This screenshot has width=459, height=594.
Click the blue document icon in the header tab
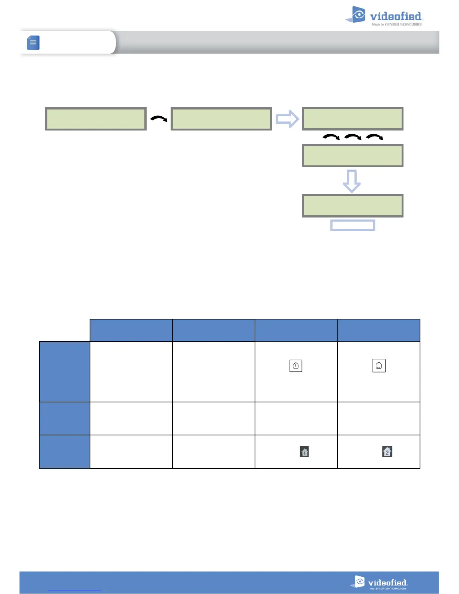pos(33,43)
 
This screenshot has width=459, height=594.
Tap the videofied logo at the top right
pos(384,16)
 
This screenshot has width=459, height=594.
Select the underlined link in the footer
pos(74,590)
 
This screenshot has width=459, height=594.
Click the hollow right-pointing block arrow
pos(287,119)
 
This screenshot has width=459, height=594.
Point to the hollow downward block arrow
pos(352,181)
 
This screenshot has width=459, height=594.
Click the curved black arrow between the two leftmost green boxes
pos(159,119)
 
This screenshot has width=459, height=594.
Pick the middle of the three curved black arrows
pos(352,137)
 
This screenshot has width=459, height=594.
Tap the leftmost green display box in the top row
pos(96,119)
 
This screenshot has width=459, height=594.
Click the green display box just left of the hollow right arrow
pos(221,119)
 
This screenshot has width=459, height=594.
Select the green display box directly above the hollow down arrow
pos(352,156)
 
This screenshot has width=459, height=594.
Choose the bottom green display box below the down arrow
pos(352,206)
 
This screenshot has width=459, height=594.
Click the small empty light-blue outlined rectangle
pos(352,225)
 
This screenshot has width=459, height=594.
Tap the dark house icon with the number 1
pos(304,452)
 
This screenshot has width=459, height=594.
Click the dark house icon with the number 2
pos(387,451)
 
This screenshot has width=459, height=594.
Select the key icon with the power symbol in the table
pos(296,366)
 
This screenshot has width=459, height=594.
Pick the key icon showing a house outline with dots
pos(379,366)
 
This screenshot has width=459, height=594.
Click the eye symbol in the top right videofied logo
pos(359,15)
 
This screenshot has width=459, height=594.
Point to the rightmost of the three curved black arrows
pos(374,137)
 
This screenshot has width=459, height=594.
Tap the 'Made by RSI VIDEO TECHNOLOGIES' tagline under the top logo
pos(397,24)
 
